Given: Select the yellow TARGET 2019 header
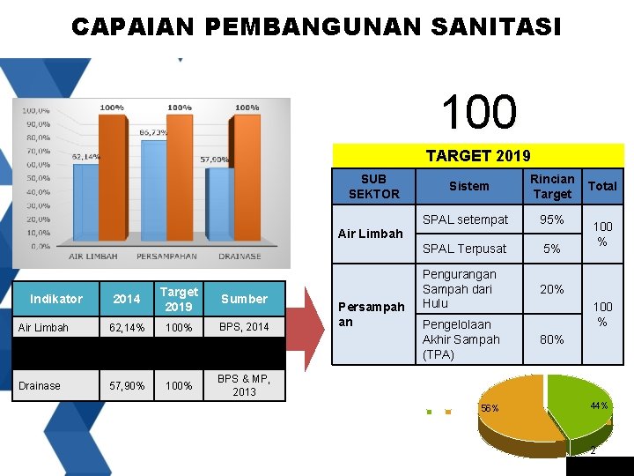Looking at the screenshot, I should [x=477, y=156].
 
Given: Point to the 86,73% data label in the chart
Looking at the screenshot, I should [x=158, y=131].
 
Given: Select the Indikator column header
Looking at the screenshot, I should [x=55, y=299].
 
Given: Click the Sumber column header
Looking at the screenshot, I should [x=244, y=299].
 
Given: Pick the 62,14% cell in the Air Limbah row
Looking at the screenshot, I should [x=127, y=327].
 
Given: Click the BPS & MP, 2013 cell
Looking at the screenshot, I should [x=244, y=385].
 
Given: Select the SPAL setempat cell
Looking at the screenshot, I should [x=466, y=219].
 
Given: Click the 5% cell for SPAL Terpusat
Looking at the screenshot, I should [x=552, y=249].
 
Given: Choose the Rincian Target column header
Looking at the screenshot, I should [x=552, y=186].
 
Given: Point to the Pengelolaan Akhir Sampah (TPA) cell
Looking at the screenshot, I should [x=461, y=339].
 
